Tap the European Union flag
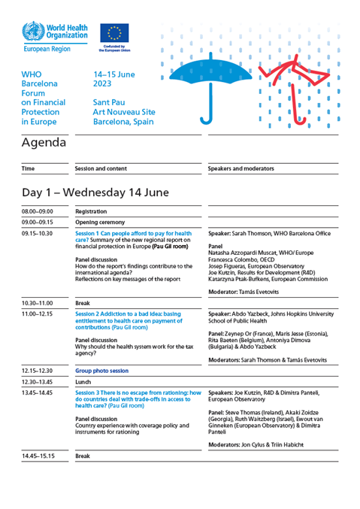click(114, 33)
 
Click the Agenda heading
click(44, 142)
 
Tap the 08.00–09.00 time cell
click(38, 212)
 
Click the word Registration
click(92, 212)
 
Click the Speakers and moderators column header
click(241, 169)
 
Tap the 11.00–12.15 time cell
click(38, 312)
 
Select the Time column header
click(28, 169)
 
